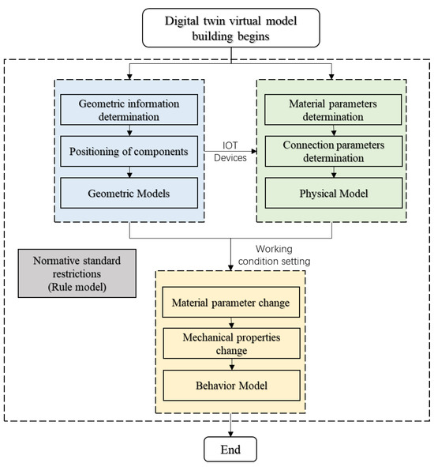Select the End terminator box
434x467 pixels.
(x=230, y=450)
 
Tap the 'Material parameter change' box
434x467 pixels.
(x=230, y=301)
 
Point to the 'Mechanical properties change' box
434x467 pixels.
(x=230, y=343)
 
